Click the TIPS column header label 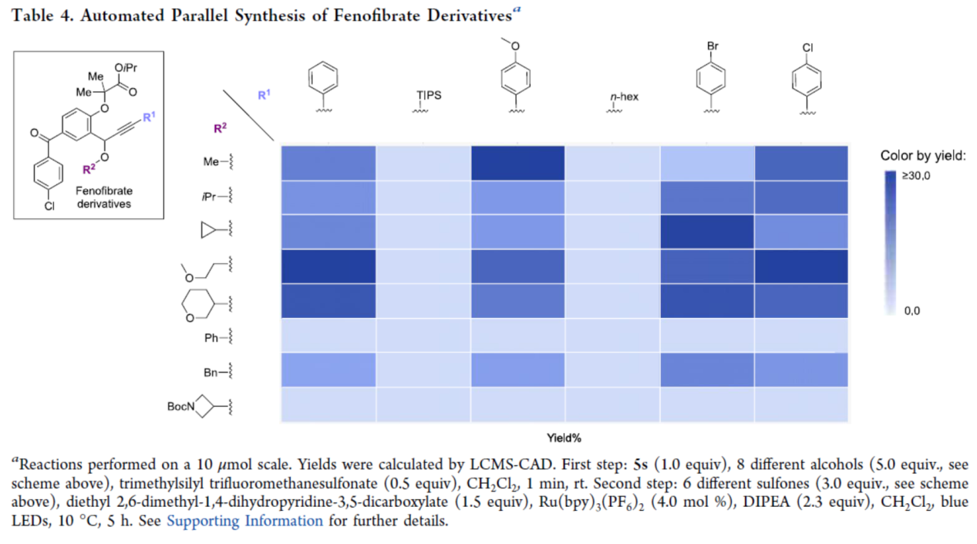tap(429, 96)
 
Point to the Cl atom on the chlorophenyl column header tap(807, 47)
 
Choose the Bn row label tap(211, 373)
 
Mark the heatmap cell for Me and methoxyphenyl tap(517, 162)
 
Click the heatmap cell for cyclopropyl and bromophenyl tap(707, 231)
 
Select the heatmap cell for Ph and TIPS tap(423, 336)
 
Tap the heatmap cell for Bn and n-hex tap(612, 370)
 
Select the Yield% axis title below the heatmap tap(564, 438)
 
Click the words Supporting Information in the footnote tap(244, 520)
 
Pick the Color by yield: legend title tap(923, 156)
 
